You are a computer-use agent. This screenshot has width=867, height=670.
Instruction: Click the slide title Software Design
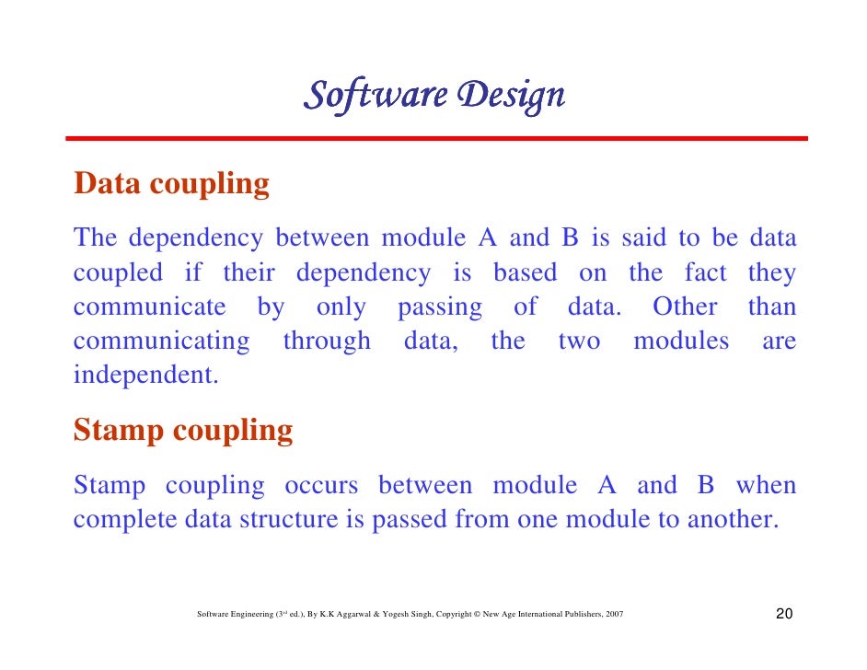point(433,95)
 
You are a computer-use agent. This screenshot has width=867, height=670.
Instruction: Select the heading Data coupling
point(172,184)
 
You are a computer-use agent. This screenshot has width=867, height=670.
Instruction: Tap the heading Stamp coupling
point(183,431)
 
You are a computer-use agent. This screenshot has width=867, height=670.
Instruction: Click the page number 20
point(785,615)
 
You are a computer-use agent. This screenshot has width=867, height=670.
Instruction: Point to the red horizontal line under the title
point(435,138)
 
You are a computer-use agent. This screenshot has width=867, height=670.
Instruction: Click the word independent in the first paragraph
point(145,376)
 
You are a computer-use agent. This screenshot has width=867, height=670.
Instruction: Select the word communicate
point(149,307)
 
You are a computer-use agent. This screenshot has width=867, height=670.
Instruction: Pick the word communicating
point(161,341)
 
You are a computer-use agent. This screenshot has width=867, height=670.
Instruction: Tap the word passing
point(439,307)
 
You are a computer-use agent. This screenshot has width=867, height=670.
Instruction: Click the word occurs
point(321,485)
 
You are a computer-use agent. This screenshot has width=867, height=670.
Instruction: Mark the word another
point(731,520)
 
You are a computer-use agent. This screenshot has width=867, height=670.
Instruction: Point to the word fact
point(705,273)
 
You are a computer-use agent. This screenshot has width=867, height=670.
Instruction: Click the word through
point(327,341)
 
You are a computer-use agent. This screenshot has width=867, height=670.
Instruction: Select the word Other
point(684,307)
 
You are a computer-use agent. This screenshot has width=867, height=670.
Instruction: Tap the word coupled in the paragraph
point(118,273)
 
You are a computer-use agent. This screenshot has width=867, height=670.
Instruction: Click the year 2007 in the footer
point(613,615)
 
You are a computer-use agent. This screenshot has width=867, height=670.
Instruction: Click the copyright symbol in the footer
point(480,615)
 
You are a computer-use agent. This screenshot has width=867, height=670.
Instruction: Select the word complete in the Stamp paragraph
point(125,520)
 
